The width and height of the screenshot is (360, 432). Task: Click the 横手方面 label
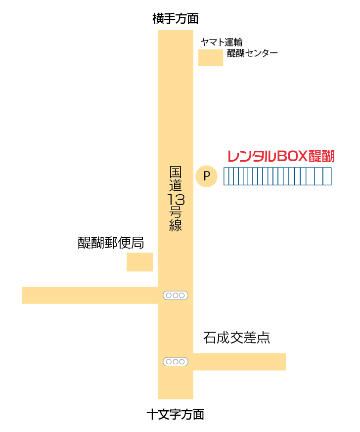[x=176, y=19]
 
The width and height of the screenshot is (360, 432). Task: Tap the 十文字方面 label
[x=176, y=414]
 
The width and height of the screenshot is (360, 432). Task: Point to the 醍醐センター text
[x=252, y=53]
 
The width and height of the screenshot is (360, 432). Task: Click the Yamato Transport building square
[x=211, y=57]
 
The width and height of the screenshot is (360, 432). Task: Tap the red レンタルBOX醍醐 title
[x=281, y=157]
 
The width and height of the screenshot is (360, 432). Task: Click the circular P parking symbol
[x=207, y=176]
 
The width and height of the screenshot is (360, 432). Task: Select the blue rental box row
[x=277, y=176]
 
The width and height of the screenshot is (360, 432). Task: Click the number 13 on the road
[x=176, y=200]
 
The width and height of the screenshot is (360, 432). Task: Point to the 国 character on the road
[x=176, y=173]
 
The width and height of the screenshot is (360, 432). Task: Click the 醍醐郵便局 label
[x=111, y=243]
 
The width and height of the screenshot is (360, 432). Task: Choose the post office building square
[x=140, y=262]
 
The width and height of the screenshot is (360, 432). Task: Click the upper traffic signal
[x=176, y=295]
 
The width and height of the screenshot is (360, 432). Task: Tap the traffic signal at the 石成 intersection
[x=176, y=362]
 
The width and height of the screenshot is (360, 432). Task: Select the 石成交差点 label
[x=236, y=338]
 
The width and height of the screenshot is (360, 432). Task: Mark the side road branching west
[x=90, y=295]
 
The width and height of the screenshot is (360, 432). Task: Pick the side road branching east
[x=239, y=361]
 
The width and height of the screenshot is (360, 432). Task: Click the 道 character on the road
[x=176, y=186]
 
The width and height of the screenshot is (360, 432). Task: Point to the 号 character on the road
[x=176, y=213]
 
